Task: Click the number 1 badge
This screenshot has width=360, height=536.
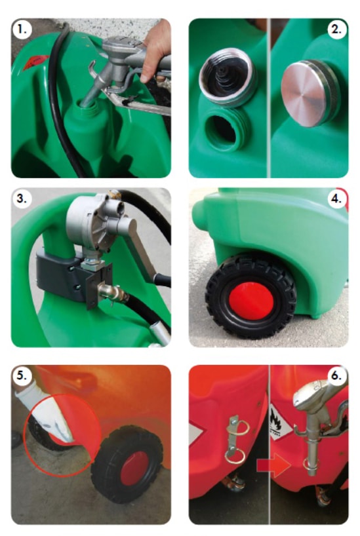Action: [x=22, y=29]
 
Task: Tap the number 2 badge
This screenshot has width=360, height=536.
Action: [x=337, y=29]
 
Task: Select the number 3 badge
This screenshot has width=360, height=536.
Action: [x=22, y=199]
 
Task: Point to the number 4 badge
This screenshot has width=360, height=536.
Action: [x=337, y=199]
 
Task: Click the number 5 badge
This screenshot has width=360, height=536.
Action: [x=22, y=375]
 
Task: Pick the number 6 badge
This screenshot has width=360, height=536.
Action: [x=337, y=375]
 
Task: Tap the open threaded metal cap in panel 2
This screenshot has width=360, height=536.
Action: [x=228, y=77]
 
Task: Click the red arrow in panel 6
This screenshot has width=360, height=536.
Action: [x=273, y=465]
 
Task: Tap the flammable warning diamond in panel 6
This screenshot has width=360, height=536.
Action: [x=279, y=423]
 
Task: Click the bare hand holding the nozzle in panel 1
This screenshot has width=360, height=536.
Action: [x=157, y=51]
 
